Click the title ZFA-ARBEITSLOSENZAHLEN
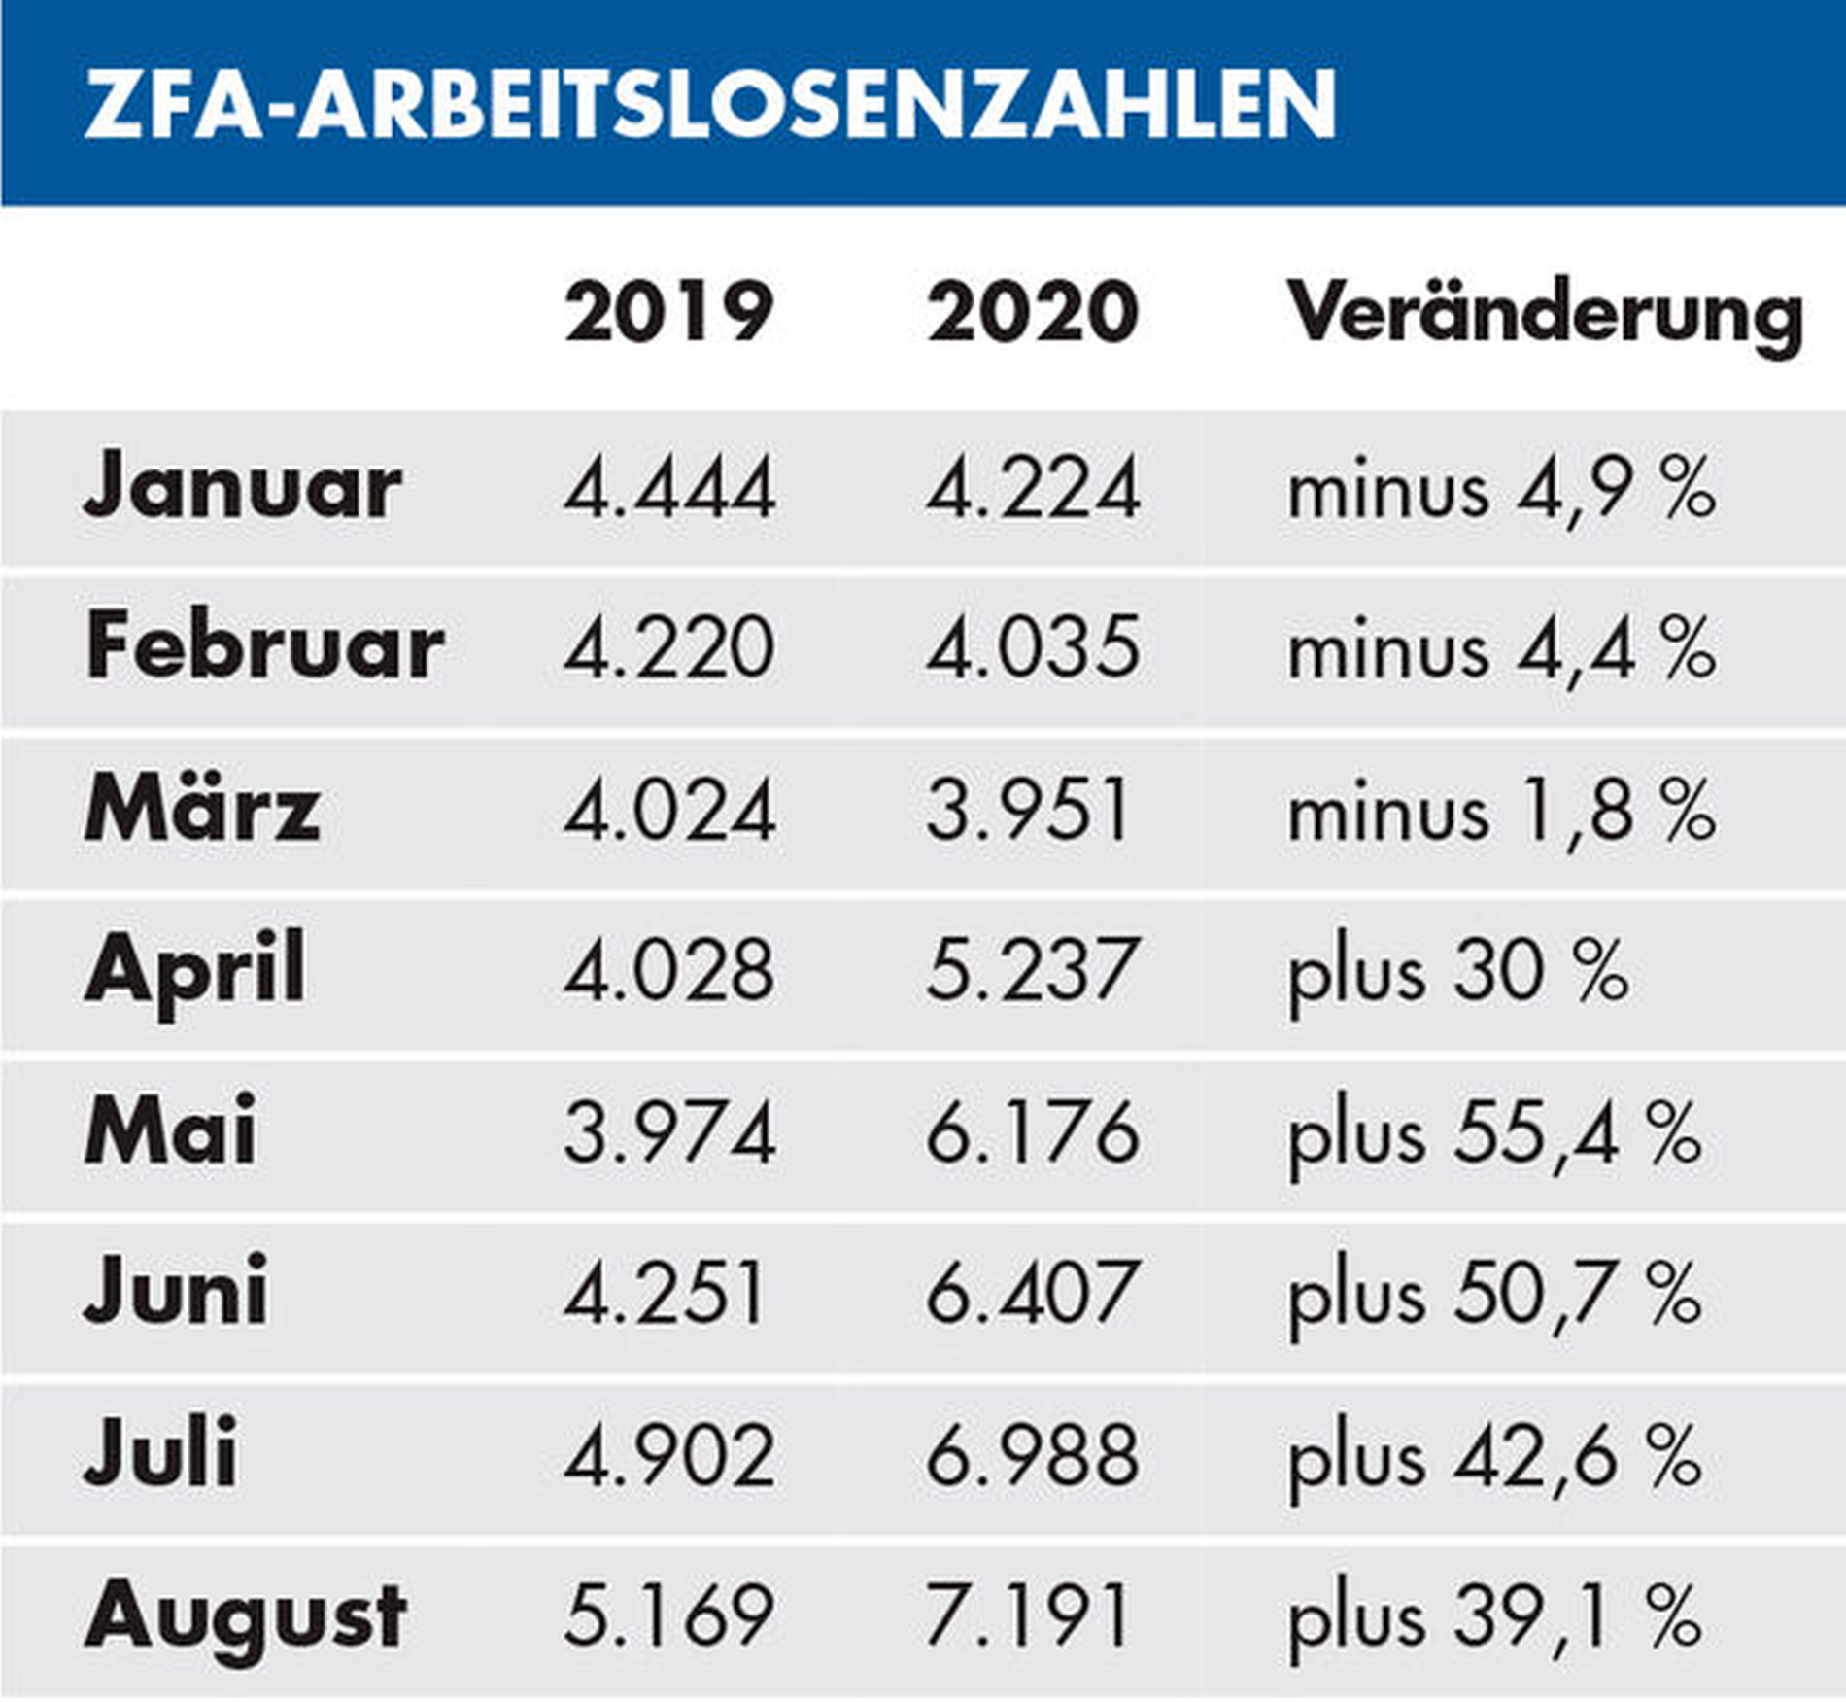710,104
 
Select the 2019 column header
668,313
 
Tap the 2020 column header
1032,313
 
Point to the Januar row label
243,486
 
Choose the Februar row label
264,647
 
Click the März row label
202,809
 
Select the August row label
245,1615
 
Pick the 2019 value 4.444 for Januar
668,488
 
